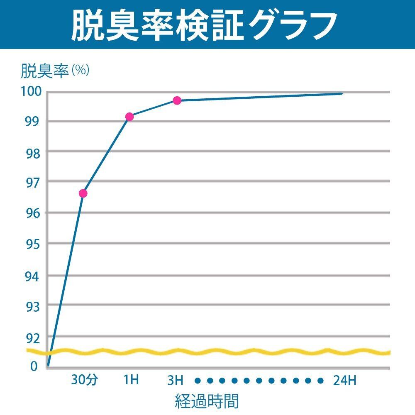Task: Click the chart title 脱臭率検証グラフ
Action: tap(203, 25)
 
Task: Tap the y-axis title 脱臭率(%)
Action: tap(55, 71)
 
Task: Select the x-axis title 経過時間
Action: tap(207, 401)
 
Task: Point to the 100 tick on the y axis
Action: tap(32, 91)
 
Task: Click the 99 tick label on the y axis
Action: tap(32, 122)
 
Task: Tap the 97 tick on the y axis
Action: tap(32, 182)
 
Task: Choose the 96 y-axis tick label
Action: tap(32, 213)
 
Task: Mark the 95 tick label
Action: tap(32, 244)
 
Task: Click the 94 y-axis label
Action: tap(32, 276)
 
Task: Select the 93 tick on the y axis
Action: tap(32, 306)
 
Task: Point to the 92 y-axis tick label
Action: tap(32, 339)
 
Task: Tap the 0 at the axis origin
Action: tap(34, 366)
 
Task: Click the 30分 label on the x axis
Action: tap(84, 380)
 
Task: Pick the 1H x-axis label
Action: tap(132, 380)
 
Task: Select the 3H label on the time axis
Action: tap(175, 380)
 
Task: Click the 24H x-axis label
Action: tap(344, 380)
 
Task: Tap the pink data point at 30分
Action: tap(83, 193)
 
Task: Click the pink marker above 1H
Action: tap(129, 117)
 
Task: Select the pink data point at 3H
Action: tap(177, 100)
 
